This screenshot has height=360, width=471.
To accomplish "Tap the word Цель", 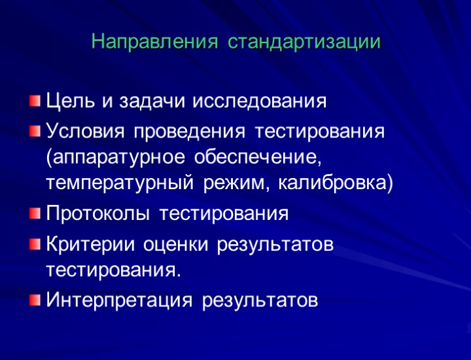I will (71, 101).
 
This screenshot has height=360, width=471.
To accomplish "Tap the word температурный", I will (119, 184).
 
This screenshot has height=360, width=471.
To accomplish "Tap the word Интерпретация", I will (118, 300).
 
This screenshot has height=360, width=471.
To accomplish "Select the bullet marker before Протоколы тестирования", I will (34, 214).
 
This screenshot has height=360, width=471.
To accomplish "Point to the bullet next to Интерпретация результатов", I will (34, 300).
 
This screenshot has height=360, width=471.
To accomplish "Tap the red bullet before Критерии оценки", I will (34, 243).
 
